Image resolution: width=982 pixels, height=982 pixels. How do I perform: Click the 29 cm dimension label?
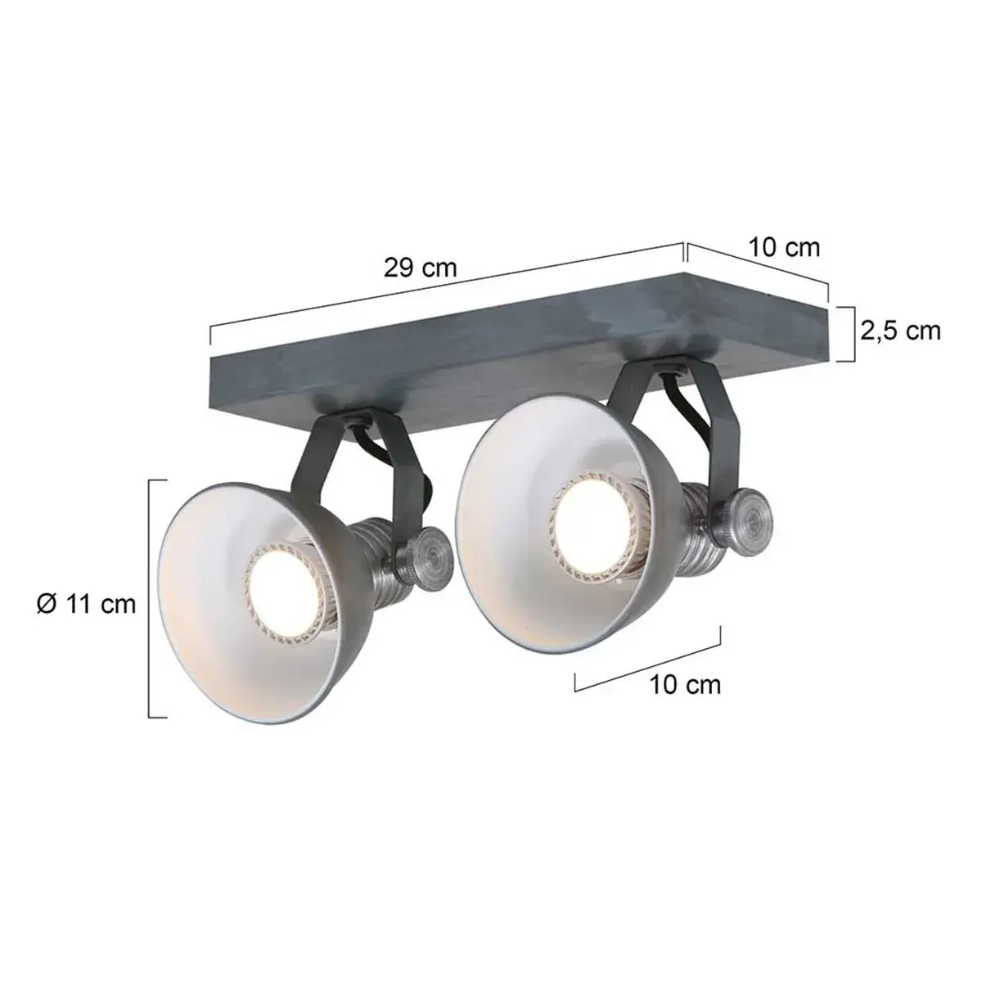click(x=420, y=268)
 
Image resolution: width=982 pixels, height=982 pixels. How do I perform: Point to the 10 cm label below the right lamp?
click(x=686, y=684)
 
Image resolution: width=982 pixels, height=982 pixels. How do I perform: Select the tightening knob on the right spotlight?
click(x=745, y=516)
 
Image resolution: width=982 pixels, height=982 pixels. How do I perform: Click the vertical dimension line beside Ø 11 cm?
click(x=150, y=597)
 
